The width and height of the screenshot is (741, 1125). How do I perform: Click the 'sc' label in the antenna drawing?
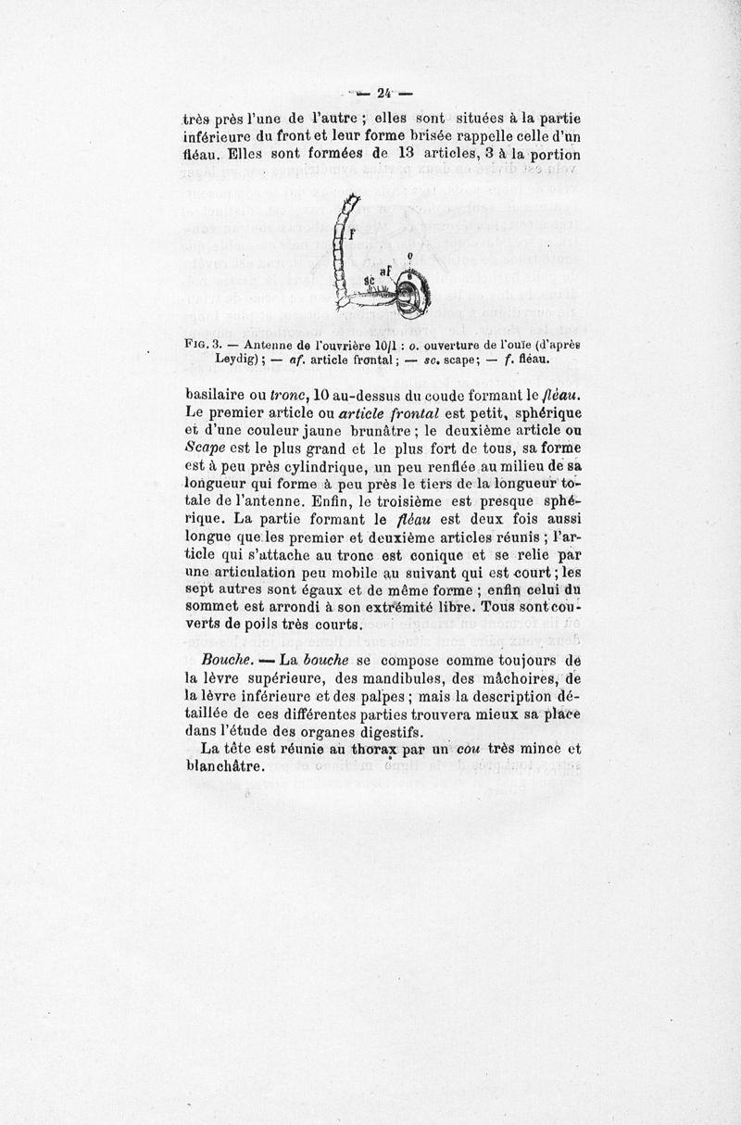coord(370,279)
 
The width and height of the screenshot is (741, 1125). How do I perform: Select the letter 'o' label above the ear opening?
coord(409,255)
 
